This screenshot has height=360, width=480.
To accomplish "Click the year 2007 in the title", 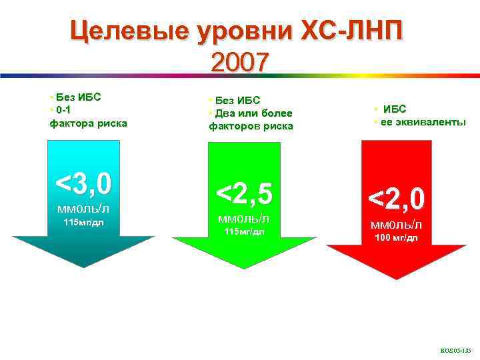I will coord(239,62).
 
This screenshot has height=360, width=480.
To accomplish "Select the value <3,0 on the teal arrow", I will coord(83,183).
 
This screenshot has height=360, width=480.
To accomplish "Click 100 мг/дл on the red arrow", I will coord(396,239).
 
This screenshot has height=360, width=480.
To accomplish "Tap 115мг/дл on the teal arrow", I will coord(83,222).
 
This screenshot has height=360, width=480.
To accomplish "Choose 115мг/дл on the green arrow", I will coord(243,232).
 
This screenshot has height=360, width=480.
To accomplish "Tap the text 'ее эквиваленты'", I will coord(423,122).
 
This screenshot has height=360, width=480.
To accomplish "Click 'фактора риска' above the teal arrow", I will coord(88,123).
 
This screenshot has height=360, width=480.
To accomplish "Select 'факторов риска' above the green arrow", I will coord(251,126).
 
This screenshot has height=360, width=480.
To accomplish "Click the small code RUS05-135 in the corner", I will coord(455,349).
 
